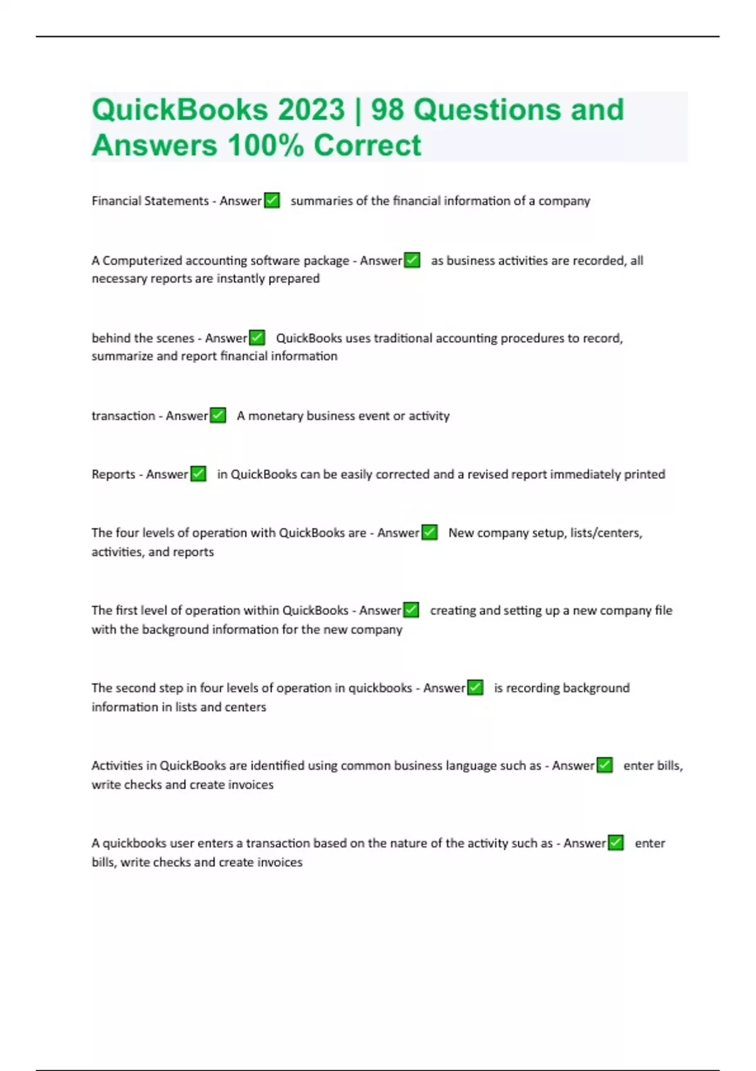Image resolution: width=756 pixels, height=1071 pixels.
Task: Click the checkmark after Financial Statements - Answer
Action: click(x=272, y=200)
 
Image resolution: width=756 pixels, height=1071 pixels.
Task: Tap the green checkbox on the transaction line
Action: click(x=218, y=416)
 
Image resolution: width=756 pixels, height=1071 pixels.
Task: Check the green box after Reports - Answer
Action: click(x=198, y=474)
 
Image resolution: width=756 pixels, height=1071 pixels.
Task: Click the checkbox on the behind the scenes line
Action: click(x=257, y=338)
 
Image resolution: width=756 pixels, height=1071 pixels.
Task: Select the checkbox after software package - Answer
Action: click(x=412, y=260)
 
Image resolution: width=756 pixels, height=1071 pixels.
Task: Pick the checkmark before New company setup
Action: click(x=429, y=532)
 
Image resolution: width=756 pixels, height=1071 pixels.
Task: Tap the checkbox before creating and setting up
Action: click(x=411, y=610)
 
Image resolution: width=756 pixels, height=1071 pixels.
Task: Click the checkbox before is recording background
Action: click(x=475, y=687)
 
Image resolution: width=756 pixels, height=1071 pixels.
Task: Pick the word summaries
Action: click(x=321, y=200)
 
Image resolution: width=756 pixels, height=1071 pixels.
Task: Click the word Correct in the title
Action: click(x=367, y=146)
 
